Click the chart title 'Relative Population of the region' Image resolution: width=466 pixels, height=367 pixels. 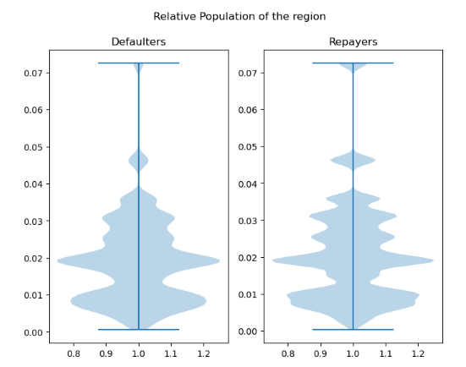coord(239,17)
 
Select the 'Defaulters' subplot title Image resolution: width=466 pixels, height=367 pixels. coord(139,42)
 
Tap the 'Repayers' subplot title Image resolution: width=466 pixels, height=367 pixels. coord(353,42)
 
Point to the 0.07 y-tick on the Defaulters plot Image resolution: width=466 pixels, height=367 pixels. coord(31,73)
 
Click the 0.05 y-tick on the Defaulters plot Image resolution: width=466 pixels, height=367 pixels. coord(31,147)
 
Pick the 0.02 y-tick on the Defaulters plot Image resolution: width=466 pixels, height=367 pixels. coord(31,258)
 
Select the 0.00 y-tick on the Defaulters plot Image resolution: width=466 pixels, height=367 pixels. coord(31,332)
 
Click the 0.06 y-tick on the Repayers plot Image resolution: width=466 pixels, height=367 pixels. coord(246,110)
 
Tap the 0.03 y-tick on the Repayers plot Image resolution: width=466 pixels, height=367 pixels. coord(246,221)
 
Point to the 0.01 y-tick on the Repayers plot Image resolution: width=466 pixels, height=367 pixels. coord(246,295)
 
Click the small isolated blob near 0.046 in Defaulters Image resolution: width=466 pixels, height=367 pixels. coord(139,160)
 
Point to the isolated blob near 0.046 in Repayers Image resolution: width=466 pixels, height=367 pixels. coord(353,159)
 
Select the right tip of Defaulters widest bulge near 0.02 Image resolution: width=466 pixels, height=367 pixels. coord(217,260)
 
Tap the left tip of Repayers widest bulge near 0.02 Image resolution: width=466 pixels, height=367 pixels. coord(274,260)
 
